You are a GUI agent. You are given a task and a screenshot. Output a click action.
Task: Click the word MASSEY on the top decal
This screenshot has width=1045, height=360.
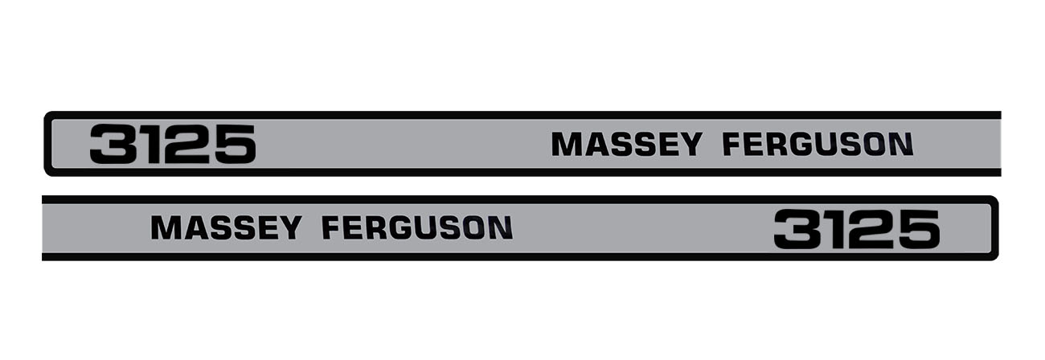626,144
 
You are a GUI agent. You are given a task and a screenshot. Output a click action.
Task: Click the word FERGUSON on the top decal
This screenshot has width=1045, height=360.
818,144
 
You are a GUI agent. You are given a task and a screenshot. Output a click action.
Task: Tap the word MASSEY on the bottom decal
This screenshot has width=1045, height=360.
226,227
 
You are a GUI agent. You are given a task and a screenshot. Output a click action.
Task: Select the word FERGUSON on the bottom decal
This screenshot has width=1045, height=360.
417,227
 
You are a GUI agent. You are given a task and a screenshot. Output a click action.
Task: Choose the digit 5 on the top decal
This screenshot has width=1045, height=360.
234,144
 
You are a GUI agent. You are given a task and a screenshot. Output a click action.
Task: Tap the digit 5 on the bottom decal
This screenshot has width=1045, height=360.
918,229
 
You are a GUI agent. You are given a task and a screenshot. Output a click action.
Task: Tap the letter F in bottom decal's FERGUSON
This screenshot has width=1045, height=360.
332,227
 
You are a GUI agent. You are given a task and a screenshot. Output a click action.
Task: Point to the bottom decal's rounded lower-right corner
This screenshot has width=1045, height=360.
994,256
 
